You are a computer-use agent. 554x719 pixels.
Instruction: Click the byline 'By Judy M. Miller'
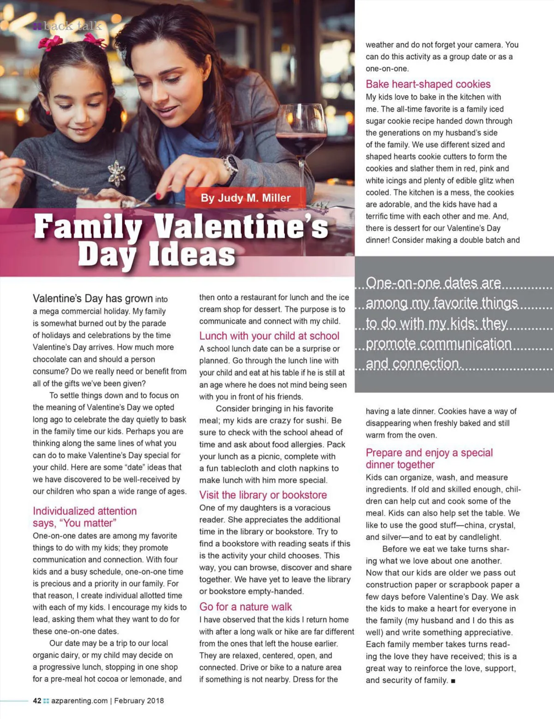point(246,198)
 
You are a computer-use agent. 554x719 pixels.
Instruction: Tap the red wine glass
point(301,138)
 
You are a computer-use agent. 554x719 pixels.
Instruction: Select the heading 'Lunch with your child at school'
point(269,336)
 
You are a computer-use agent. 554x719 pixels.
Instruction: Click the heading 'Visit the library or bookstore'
point(263,495)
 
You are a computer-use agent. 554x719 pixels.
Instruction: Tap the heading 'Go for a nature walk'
point(246,607)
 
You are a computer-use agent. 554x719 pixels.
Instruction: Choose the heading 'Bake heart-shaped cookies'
point(428,84)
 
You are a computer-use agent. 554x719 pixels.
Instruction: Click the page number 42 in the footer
point(37,701)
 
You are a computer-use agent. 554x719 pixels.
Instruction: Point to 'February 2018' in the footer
point(139,701)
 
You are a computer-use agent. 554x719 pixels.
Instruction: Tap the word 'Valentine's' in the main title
point(241,227)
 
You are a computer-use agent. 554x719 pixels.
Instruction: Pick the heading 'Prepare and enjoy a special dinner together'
point(429,459)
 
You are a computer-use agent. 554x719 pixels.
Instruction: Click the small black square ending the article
point(453,681)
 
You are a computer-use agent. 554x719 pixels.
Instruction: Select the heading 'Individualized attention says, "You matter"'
point(84,517)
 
